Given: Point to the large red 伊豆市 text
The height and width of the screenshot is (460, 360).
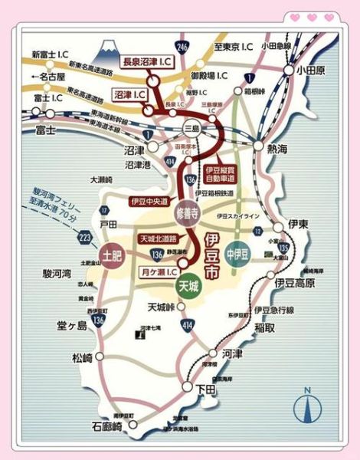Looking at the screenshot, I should coord(212,257).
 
